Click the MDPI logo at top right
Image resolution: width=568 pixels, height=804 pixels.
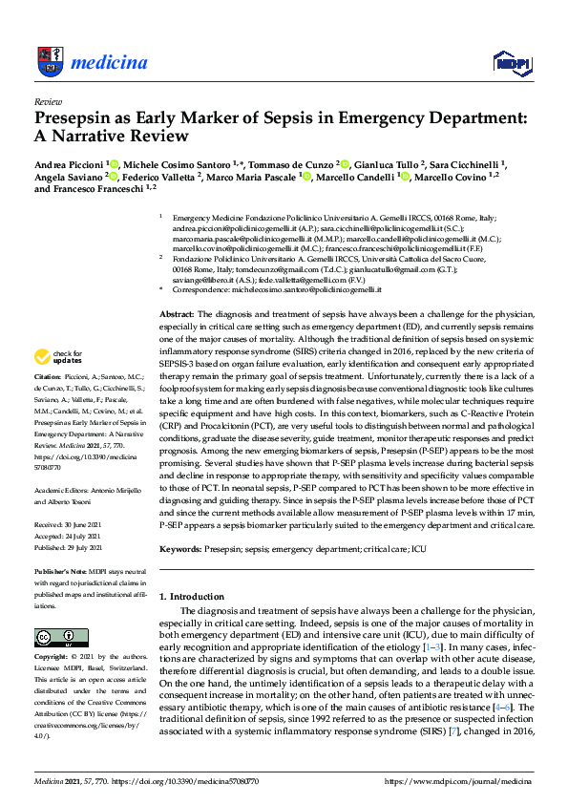pos(511,61)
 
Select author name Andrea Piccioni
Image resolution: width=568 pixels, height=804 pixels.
pos(69,163)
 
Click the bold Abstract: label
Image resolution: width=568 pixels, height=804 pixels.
pos(176,287)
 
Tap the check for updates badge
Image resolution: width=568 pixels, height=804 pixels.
pos(58,357)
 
